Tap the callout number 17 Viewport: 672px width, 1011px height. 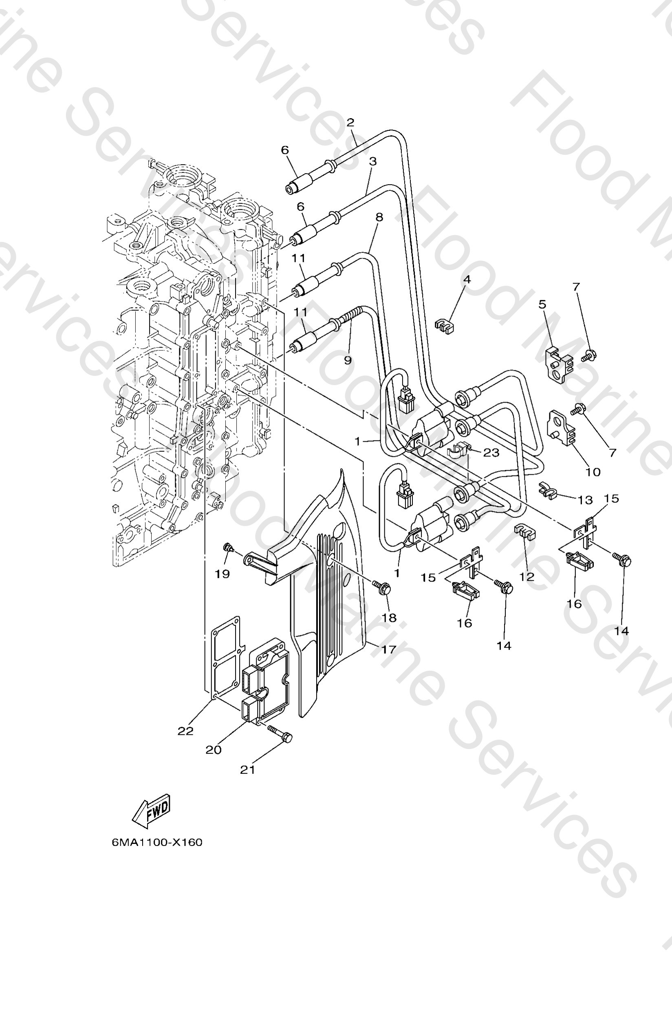(388, 650)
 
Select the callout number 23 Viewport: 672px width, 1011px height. (491, 453)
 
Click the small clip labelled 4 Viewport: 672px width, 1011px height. (445, 326)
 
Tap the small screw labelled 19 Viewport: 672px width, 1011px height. (228, 547)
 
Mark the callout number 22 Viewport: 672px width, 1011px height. (185, 731)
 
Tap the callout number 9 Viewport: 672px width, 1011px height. (348, 360)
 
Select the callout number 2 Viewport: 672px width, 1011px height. (350, 123)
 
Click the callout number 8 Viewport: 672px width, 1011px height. (379, 217)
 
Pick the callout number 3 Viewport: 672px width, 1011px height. (373, 161)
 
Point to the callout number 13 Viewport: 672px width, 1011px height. (585, 500)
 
